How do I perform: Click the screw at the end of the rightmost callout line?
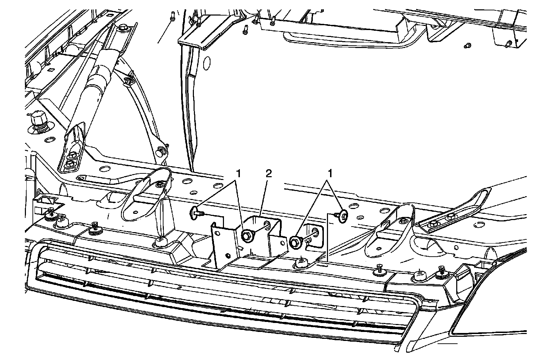343,216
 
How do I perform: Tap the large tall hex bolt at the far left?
36,121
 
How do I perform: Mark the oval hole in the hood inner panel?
207,63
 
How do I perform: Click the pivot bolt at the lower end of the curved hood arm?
161,151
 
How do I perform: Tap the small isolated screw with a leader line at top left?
171,15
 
